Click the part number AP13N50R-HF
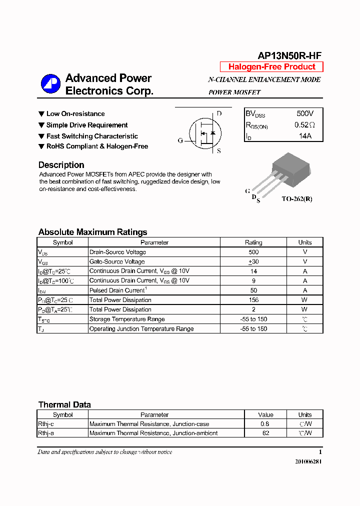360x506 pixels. coord(289,56)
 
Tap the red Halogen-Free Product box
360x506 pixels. coord(271,67)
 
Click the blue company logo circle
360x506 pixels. coord(50,84)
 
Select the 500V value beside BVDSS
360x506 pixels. coord(305,113)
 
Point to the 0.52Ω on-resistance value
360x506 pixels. coord(305,125)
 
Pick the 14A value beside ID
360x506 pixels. coord(305,136)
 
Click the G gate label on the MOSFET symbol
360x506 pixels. coord(180,141)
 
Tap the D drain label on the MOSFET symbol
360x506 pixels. coord(218,113)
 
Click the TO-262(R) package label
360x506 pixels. coord(296,198)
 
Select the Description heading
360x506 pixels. coord(61,165)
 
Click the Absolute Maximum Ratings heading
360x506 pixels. coord(92,232)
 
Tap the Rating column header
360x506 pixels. coord(253,242)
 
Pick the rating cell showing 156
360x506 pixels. coord(253,300)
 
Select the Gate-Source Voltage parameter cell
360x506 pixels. coord(117,261)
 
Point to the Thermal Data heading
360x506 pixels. coord(64,404)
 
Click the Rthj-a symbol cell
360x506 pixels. coord(46,433)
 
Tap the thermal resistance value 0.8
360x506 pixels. coord(265,424)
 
